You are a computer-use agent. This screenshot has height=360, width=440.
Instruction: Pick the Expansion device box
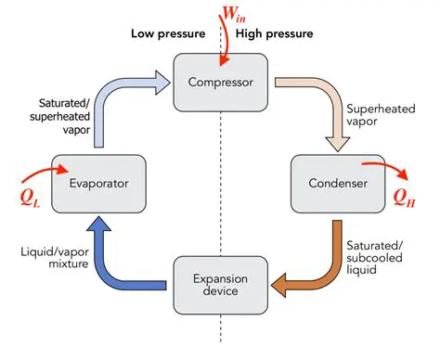[x=221, y=284]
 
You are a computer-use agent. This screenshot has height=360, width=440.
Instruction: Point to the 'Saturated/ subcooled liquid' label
[x=374, y=257]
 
